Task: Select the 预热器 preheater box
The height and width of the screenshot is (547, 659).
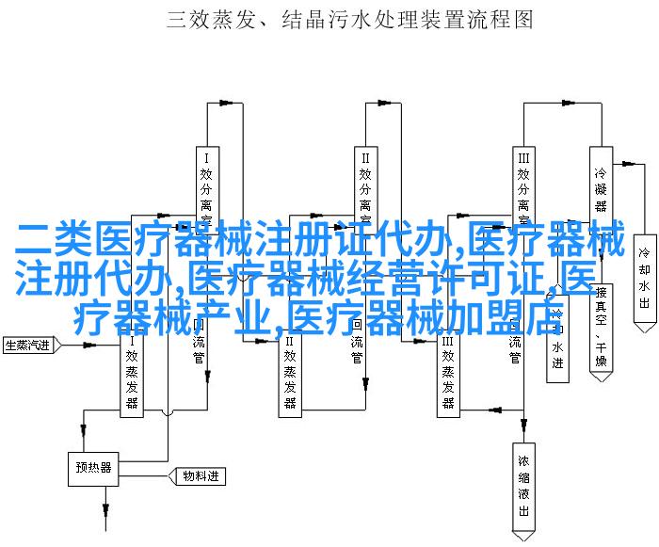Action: (x=94, y=467)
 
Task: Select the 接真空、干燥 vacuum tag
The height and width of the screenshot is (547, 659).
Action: (x=600, y=320)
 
